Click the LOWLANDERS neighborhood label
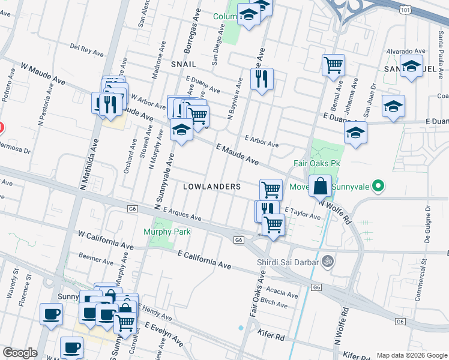212,187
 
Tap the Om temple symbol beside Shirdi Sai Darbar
328,261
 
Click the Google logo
20,353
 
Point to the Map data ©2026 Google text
412,355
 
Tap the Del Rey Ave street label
88,49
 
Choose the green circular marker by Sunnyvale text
378,187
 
